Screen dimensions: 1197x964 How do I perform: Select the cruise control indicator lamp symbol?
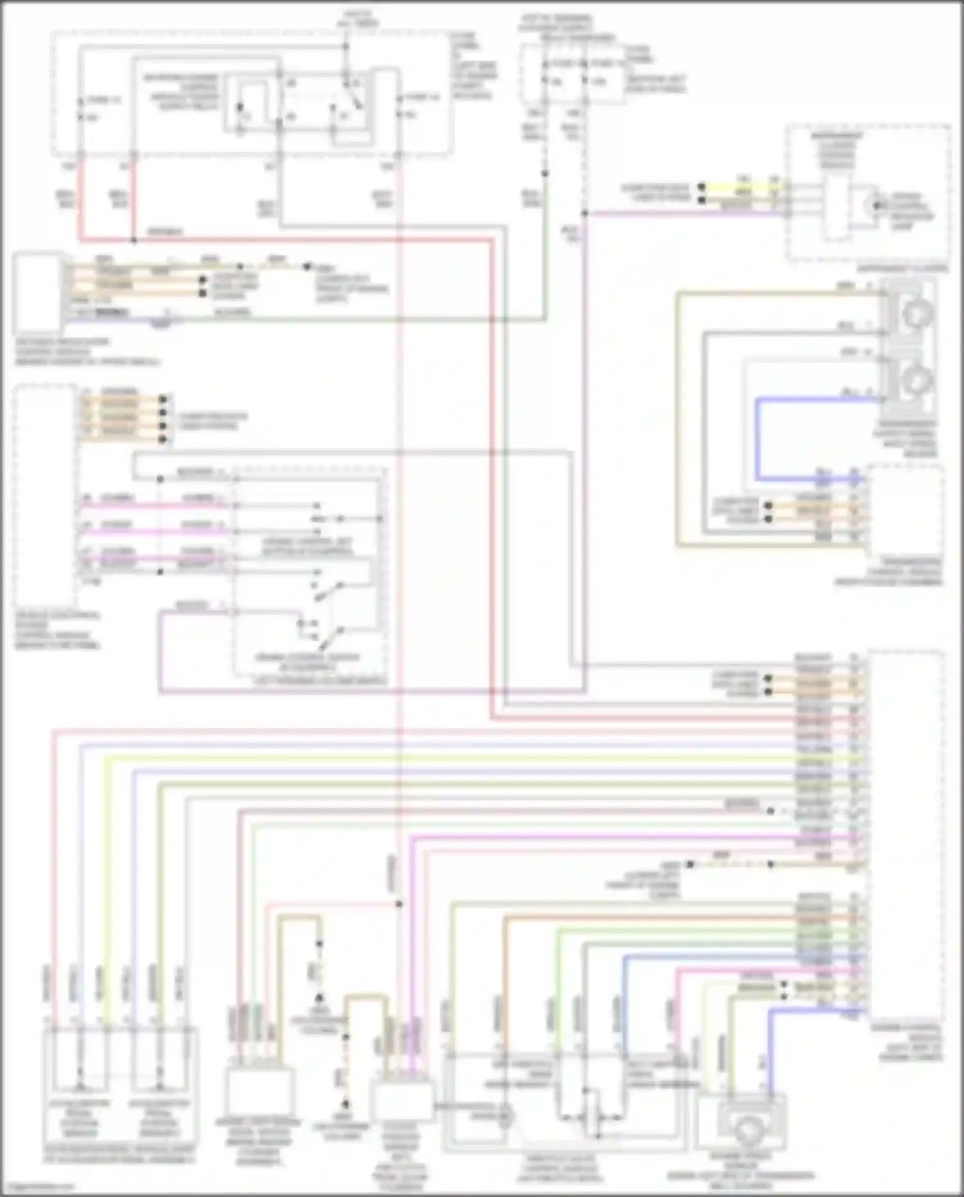872,205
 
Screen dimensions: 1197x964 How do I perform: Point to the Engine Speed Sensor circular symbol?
747,1129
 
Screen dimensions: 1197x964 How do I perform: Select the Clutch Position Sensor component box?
401,1101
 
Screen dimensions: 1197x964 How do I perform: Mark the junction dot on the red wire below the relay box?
133,240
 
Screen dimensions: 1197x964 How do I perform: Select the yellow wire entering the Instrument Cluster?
745,187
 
